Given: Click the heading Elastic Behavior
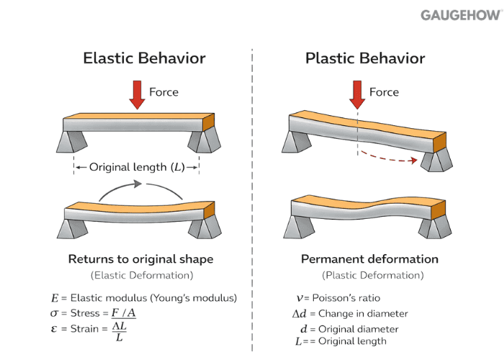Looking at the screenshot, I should click(x=144, y=58).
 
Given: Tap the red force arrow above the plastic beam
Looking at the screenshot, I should click(x=356, y=96).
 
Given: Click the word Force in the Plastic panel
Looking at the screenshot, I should click(x=384, y=92).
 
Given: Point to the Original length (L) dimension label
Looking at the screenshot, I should click(x=137, y=167).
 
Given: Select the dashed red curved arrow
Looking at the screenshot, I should click(x=389, y=158).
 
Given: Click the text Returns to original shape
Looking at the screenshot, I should click(x=140, y=259).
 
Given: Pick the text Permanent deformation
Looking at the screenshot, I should click(x=369, y=259).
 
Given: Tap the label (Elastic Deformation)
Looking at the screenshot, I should click(x=140, y=275).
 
